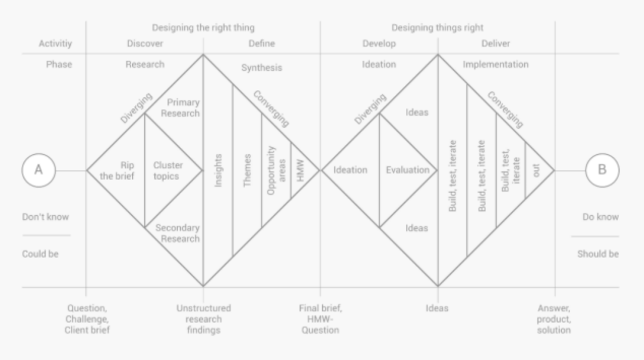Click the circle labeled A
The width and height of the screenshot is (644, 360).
tap(39, 170)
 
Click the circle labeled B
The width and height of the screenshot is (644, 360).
tap(602, 170)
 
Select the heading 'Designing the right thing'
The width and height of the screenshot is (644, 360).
tap(203, 27)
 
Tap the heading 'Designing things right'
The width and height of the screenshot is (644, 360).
tap(437, 27)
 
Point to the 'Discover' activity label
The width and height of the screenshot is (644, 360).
tap(145, 44)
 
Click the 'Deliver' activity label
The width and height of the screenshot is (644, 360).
tap(496, 44)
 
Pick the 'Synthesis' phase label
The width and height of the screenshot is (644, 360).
tap(261, 67)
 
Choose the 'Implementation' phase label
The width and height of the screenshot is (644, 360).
tap(496, 64)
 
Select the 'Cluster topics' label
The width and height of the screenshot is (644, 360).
tap(168, 170)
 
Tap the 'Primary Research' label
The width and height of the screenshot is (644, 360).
tap(182, 108)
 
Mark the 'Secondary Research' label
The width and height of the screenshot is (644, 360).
tap(177, 233)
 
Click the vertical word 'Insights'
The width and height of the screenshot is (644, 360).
tap(218, 170)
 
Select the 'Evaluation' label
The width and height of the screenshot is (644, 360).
tap(407, 170)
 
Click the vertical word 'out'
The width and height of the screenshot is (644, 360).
tap(535, 170)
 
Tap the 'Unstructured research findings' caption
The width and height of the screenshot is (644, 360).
tap(203, 319)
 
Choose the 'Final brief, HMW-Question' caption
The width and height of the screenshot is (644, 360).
tap(320, 319)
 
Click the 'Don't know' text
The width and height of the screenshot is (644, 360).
tap(45, 217)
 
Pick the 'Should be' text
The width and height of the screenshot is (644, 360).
tap(597, 254)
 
